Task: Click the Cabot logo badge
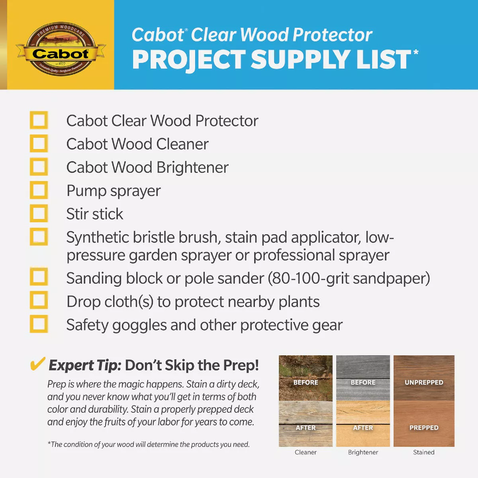click(61, 49)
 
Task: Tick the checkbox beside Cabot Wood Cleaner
click(39, 143)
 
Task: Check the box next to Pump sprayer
click(39, 190)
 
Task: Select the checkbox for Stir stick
click(39, 213)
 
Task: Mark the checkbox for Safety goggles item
click(39, 324)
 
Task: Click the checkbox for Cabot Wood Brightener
click(39, 167)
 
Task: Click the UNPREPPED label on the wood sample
click(424, 382)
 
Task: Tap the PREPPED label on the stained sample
click(424, 427)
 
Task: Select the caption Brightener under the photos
click(363, 452)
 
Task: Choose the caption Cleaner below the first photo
click(306, 452)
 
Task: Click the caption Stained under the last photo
click(423, 452)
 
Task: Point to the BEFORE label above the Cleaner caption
click(306, 382)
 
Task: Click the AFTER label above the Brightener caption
click(363, 427)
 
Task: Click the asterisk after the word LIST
click(415, 52)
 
